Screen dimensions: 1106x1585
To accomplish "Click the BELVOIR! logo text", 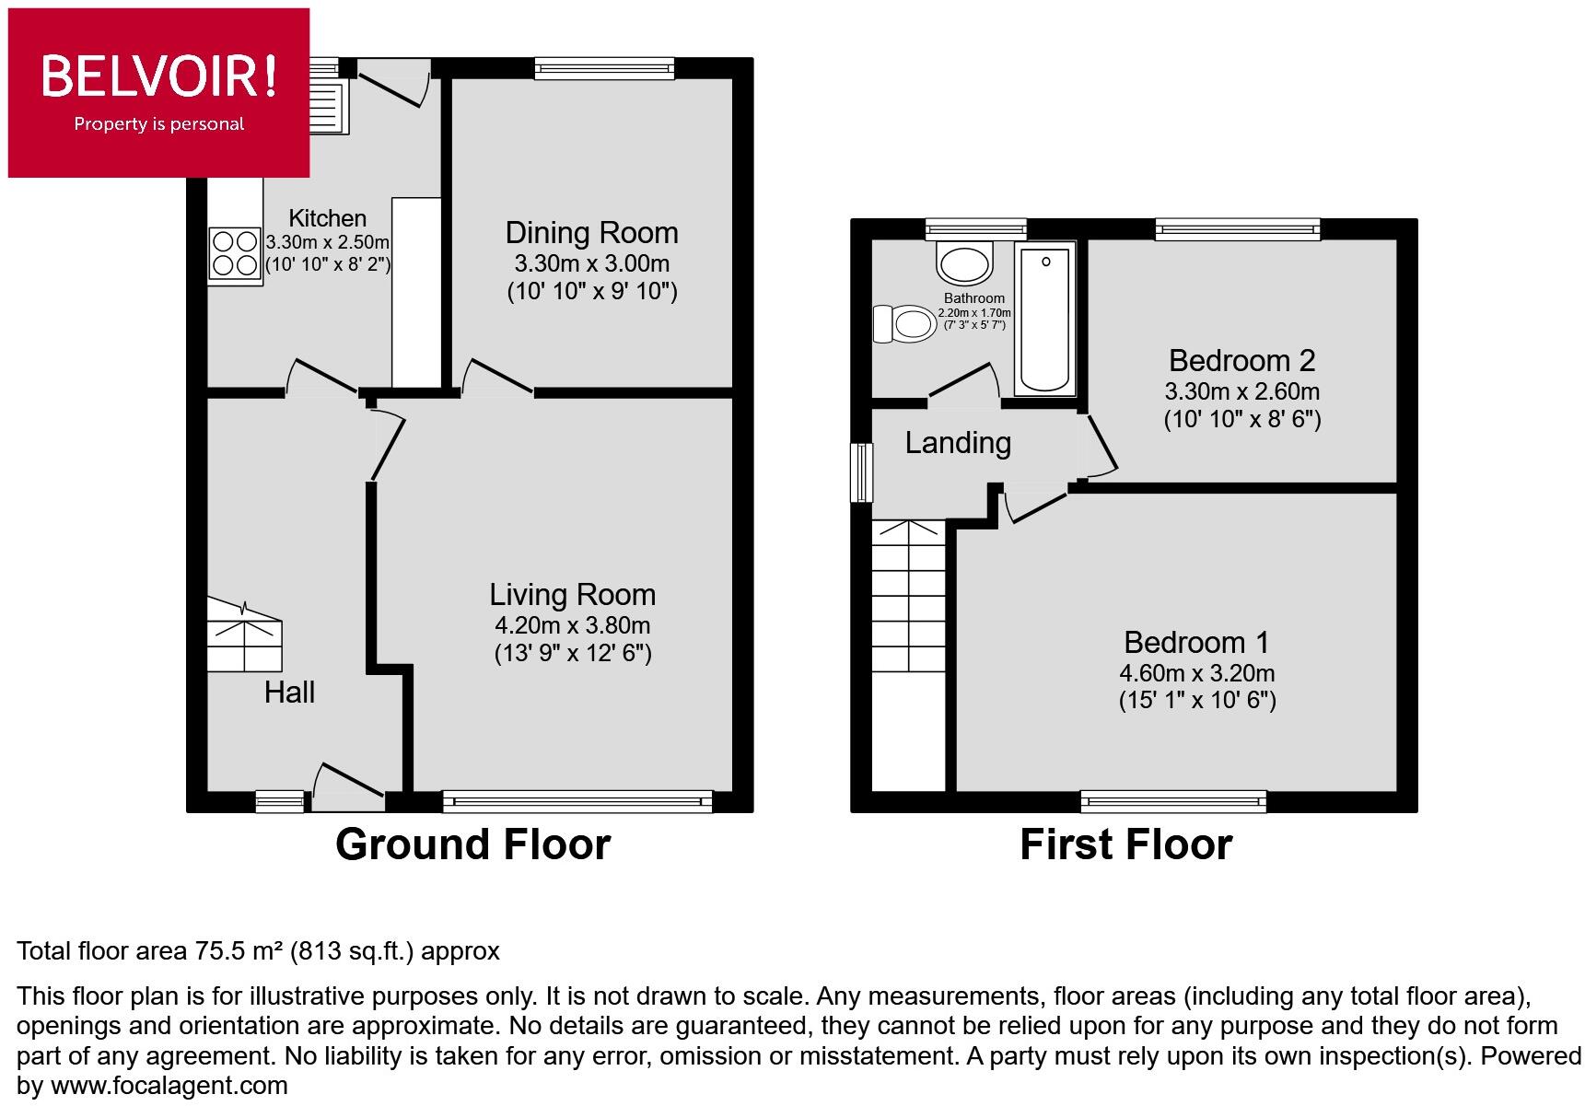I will (x=158, y=76).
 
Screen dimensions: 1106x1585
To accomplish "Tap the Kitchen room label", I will (x=327, y=218).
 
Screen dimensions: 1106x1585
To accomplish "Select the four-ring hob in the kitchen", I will (x=234, y=253).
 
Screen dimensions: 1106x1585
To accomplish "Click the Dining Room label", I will (x=591, y=233).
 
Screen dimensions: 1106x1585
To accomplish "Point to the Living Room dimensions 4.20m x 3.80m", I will (x=572, y=625).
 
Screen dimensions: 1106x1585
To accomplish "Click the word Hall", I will (x=289, y=693).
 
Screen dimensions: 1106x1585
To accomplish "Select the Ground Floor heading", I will (x=472, y=844).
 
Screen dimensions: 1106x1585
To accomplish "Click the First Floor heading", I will (x=1125, y=844).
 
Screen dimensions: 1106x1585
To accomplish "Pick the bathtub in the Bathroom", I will (x=1046, y=318).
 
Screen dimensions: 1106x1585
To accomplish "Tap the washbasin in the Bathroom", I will (x=964, y=262).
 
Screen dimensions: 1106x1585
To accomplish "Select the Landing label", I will (x=958, y=443).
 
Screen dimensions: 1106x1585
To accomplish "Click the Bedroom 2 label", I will (x=1241, y=360).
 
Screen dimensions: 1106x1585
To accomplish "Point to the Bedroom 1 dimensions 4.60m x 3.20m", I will (x=1196, y=672).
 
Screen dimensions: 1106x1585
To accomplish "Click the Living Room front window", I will (x=577, y=801).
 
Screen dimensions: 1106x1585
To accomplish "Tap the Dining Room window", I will (x=604, y=67).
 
